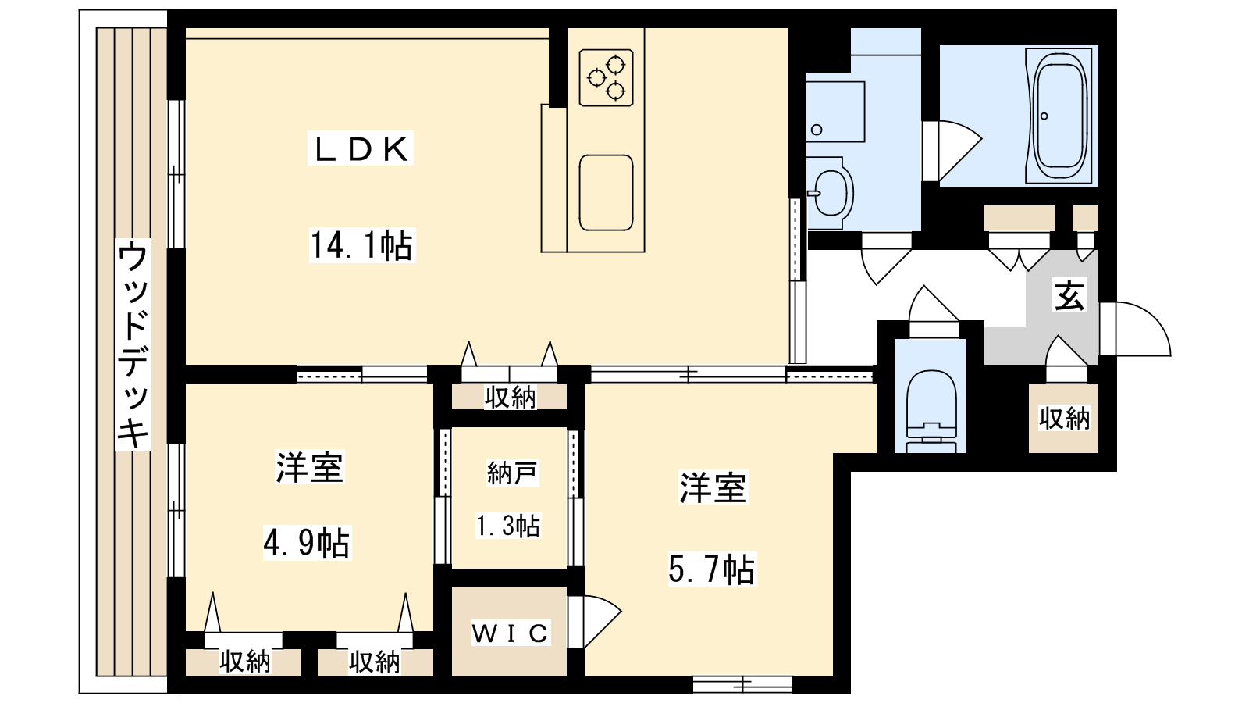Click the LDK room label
coord(361,149)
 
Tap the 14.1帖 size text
coord(362,245)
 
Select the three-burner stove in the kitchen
coord(606,77)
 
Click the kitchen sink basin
coord(606,192)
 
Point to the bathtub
coord(1059,116)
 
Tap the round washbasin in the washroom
coord(830,192)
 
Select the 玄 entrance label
coord(1069,296)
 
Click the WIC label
coord(510,633)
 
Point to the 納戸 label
coord(511,473)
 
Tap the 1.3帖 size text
coord(507,526)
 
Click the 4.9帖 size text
coord(307,543)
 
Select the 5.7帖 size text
coord(711,569)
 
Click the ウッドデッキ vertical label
coord(133,344)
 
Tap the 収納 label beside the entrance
coord(1064,418)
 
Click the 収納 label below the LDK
coord(510,398)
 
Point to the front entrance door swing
coord(1135,329)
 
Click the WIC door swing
coord(595,622)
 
